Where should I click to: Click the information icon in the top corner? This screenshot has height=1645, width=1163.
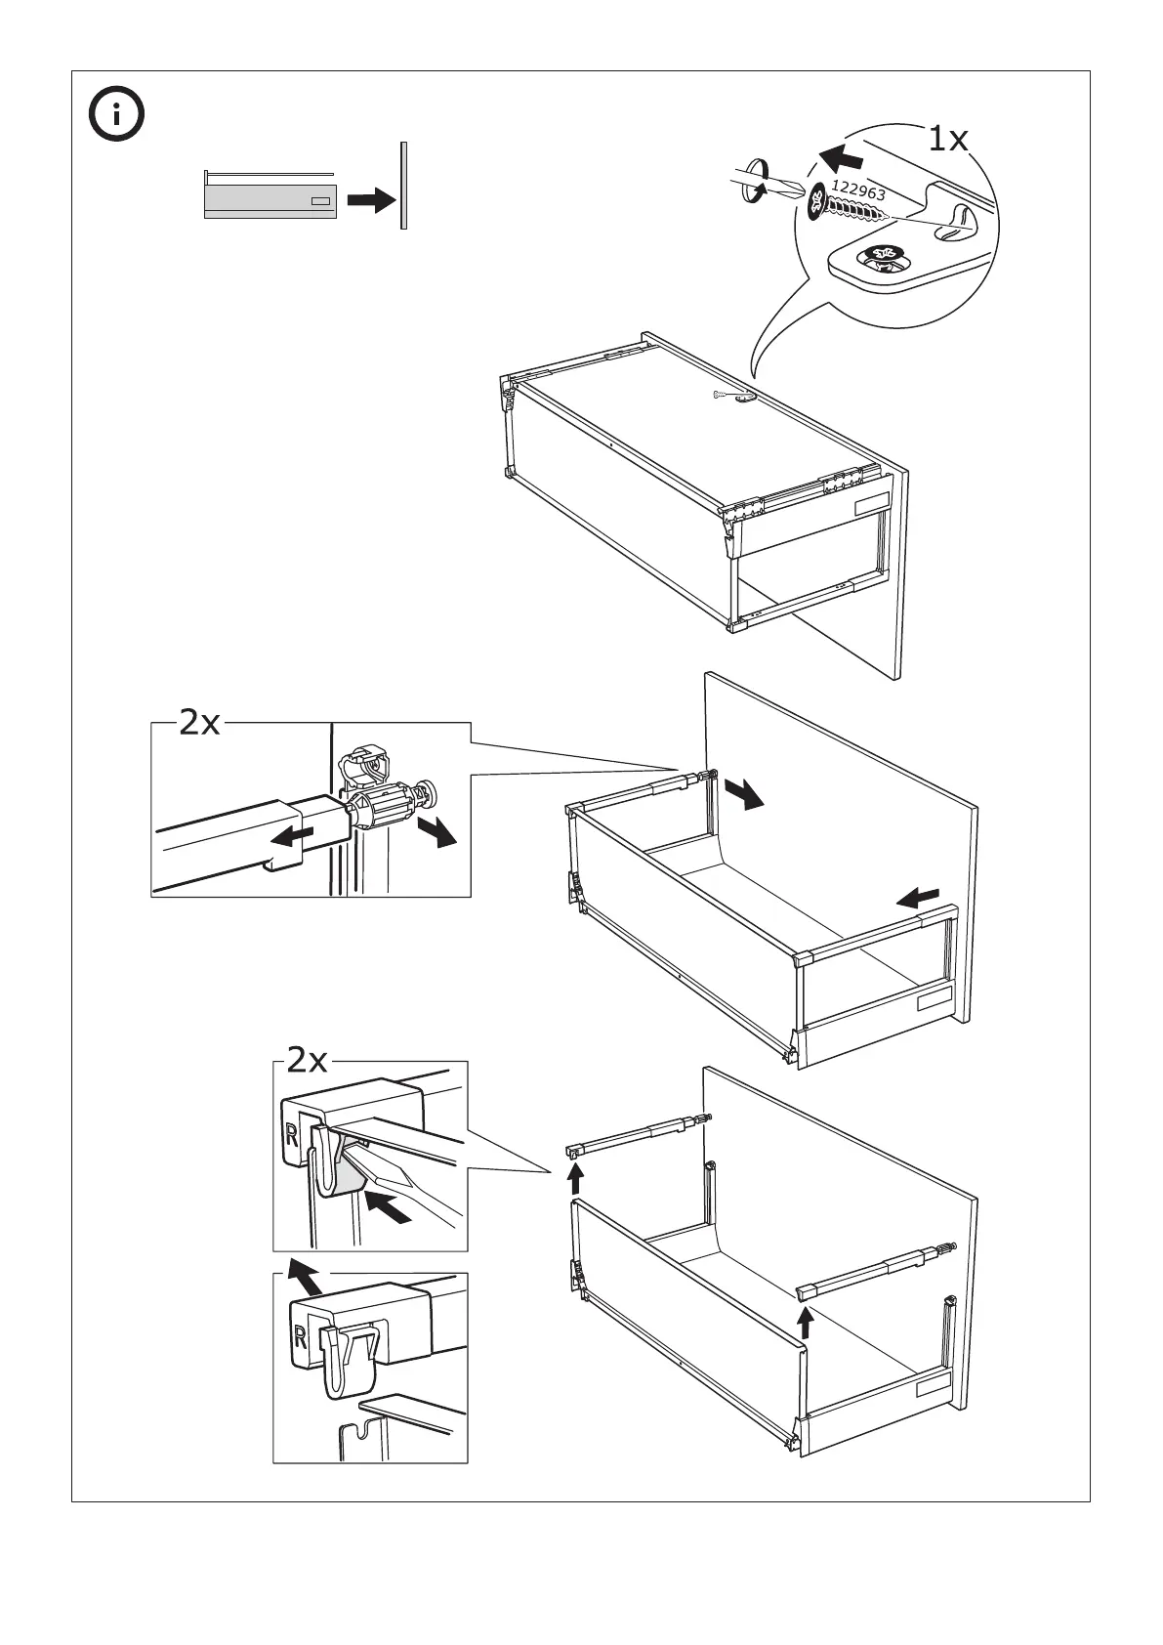pos(115,115)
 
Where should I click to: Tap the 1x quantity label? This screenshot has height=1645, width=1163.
pos(946,141)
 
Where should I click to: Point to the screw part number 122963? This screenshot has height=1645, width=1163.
pos(858,191)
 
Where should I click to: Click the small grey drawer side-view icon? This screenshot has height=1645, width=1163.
pos(270,200)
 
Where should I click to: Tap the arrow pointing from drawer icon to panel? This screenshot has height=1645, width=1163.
pos(371,200)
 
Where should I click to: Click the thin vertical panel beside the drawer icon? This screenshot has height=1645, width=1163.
pos(402,186)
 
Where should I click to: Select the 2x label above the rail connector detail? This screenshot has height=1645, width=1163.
pos(200,723)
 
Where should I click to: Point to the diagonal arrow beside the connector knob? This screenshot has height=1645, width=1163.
pos(437,833)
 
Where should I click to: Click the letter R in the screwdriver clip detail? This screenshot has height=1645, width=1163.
pos(292,1135)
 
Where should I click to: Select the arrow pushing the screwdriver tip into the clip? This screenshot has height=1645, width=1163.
pos(390,1207)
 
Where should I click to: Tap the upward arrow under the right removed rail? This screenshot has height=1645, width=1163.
pos(806,1323)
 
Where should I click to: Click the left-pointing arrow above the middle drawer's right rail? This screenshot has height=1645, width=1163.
pos(919,897)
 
